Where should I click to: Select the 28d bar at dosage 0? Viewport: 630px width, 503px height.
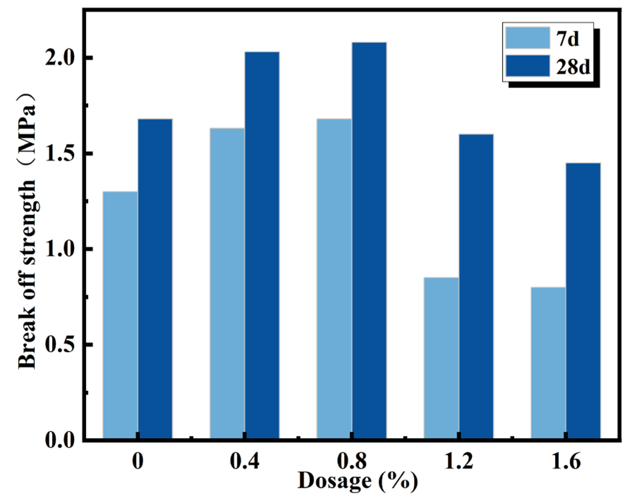155,278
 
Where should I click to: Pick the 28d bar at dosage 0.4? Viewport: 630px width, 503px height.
262,245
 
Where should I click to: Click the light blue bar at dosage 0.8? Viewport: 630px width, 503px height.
334,278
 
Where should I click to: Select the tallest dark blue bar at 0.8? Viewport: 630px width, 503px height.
369,240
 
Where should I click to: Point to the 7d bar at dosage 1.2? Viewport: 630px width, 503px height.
441,358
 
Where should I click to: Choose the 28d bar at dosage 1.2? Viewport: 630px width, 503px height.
476,286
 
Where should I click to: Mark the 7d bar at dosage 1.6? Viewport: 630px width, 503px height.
548,363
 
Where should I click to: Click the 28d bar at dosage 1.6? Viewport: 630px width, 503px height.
583,300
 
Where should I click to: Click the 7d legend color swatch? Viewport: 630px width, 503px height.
528,38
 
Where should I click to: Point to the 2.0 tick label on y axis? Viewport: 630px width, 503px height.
59,58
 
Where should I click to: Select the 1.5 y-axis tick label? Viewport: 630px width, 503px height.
59,153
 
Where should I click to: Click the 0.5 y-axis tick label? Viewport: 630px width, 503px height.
59,344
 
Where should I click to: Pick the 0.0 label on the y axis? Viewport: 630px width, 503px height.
59,440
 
